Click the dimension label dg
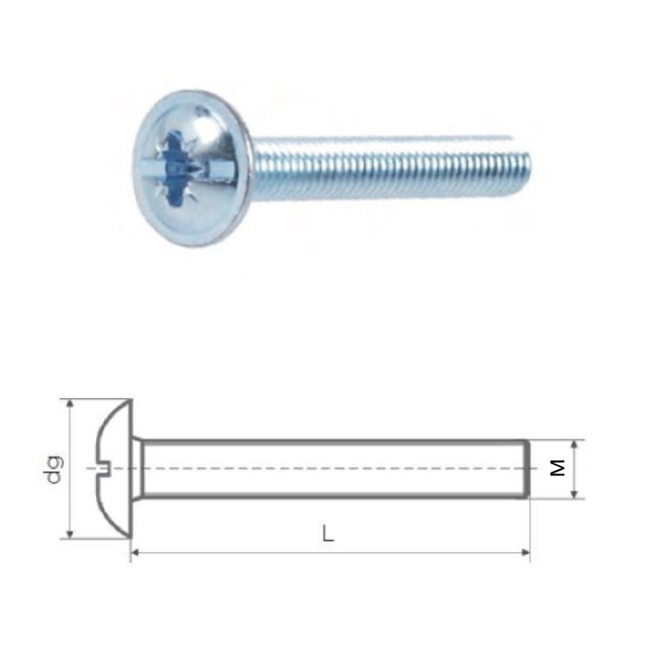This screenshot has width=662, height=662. (x=54, y=469)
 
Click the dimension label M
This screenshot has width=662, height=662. (x=558, y=468)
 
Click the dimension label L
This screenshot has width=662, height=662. (x=328, y=533)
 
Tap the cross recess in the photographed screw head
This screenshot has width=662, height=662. (x=178, y=168)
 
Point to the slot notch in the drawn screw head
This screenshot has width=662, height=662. (x=102, y=468)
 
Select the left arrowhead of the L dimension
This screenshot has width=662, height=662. (x=135, y=552)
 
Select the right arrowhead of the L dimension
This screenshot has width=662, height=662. (x=525, y=552)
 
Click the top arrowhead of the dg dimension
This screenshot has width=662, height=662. (x=70, y=403)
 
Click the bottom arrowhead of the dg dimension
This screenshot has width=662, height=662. (x=70, y=534)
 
